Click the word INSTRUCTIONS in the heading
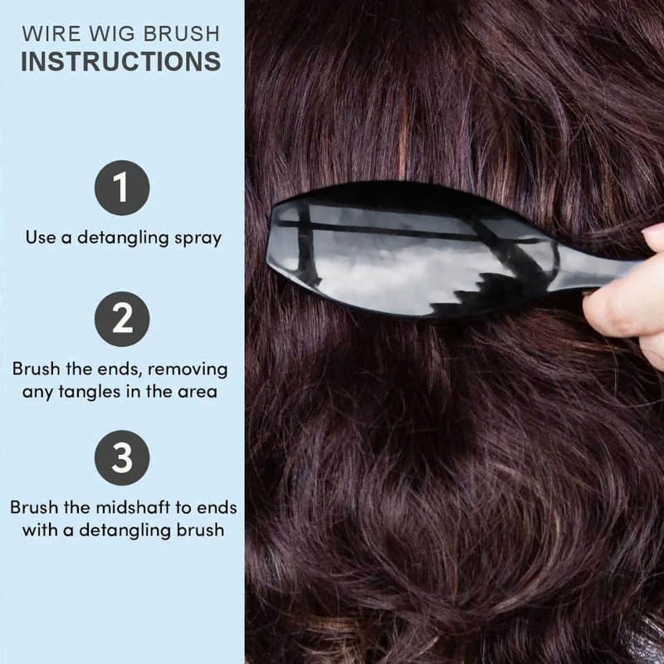click(120, 61)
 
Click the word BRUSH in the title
click(182, 34)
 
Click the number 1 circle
click(122, 188)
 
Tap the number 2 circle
click(122, 319)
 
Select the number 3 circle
click(122, 458)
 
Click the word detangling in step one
click(123, 238)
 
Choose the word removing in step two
click(188, 369)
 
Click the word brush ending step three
click(200, 530)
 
